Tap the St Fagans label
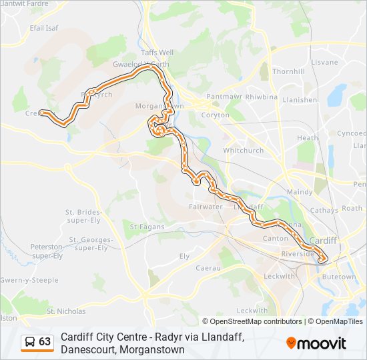pyautogui.click(x=142, y=227)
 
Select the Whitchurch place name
pyautogui.click(x=244, y=151)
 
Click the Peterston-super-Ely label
pyautogui.click(x=47, y=251)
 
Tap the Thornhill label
pyautogui.click(x=288, y=71)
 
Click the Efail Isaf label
pyautogui.click(x=45, y=28)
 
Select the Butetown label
pyautogui.click(x=339, y=276)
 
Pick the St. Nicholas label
pyautogui.click(x=66, y=311)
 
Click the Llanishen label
pyautogui.click(x=300, y=100)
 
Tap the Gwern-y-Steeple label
pyautogui.click(x=30, y=280)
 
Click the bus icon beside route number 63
pyautogui.click(x=30, y=342)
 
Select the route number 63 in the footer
pyautogui.click(x=45, y=342)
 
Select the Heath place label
pyautogui.click(x=308, y=138)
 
